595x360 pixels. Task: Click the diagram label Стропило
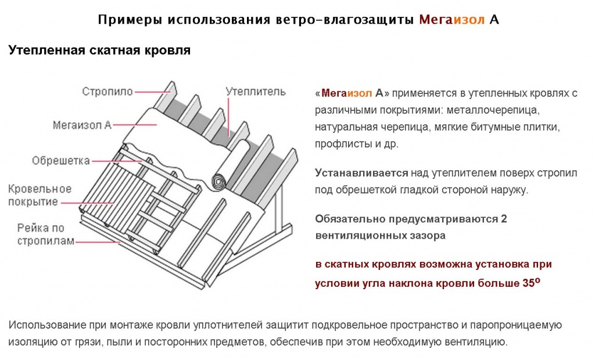point(107,92)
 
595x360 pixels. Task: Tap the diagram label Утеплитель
point(255,92)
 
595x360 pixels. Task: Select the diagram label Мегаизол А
point(82,125)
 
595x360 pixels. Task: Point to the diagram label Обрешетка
point(61,160)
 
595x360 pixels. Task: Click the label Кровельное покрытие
point(40,196)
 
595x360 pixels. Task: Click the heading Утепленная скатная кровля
point(99,51)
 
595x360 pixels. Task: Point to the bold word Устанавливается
point(361,173)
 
